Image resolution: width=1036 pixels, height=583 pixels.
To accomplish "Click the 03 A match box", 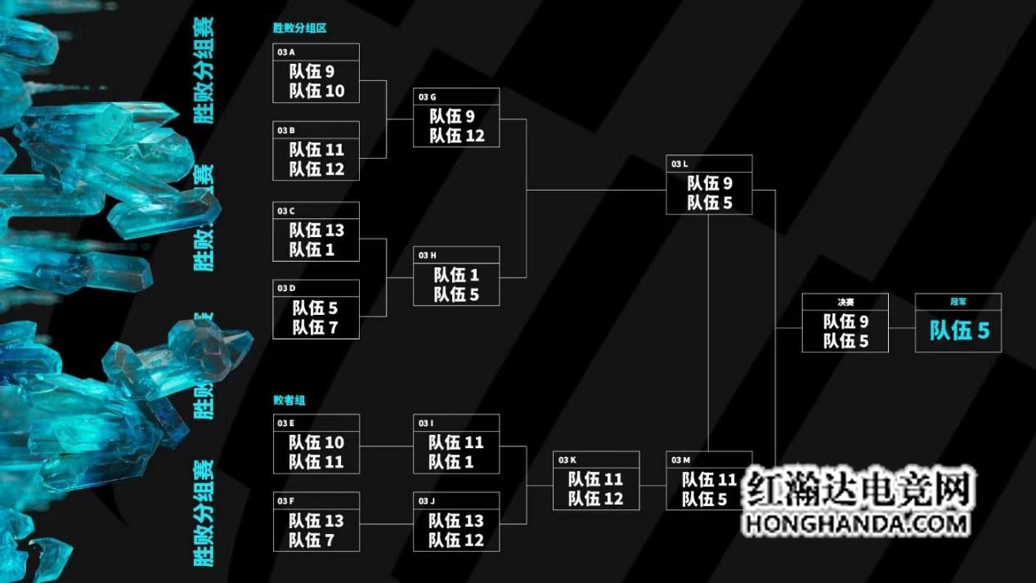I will [316, 73].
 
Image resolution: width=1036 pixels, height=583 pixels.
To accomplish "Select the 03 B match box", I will [316, 150].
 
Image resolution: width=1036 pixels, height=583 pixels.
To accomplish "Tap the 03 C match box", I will [316, 231].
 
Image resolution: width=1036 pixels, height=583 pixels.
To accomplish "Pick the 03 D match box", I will [316, 309].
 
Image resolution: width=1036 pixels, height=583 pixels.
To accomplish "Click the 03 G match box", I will [456, 118].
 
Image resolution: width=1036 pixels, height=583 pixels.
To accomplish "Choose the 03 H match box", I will [456, 276].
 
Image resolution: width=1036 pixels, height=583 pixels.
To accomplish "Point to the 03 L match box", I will [709, 185].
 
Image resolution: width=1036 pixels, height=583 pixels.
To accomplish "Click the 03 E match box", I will [316, 444].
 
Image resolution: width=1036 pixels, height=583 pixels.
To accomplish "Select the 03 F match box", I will [316, 522].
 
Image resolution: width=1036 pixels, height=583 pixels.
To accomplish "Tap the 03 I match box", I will [456, 444].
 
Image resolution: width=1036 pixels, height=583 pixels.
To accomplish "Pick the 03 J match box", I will [456, 522].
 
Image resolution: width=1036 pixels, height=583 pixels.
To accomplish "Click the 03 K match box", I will [596, 481].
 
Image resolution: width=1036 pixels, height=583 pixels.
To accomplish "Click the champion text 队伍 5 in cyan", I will [959, 330].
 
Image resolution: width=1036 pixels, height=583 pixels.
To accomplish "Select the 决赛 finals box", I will [845, 323].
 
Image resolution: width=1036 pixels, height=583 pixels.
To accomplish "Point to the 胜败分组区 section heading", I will [300, 28].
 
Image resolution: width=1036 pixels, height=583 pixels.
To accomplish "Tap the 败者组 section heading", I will [289, 401].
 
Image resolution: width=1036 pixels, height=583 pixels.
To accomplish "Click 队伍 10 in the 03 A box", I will [316, 91].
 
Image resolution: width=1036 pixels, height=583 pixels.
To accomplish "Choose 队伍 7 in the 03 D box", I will [316, 328].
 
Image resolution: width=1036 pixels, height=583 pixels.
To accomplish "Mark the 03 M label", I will [680, 460].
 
